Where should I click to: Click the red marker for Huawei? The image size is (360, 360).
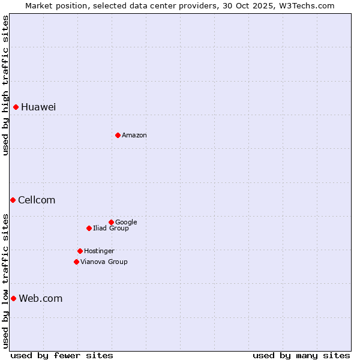16,107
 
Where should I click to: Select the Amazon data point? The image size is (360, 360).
118,135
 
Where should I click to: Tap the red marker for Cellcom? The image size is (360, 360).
13,200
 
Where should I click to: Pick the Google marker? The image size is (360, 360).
111,222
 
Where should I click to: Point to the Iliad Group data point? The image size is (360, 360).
89,228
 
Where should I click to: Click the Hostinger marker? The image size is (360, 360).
80,251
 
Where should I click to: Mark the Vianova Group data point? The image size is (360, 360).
76,262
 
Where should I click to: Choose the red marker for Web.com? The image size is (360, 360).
13,298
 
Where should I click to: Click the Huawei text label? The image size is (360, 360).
38,107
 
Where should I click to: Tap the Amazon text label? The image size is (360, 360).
134,135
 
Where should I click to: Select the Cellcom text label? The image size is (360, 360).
37,200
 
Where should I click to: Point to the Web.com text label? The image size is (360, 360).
41,298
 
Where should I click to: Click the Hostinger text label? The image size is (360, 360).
99,251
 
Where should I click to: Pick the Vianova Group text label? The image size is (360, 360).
104,262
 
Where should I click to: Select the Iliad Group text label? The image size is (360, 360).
111,228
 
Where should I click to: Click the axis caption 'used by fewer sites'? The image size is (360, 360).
62,355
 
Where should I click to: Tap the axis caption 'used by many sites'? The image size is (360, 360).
301,355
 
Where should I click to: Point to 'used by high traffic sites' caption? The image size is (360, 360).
5,85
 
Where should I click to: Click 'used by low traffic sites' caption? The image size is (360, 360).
5,280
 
